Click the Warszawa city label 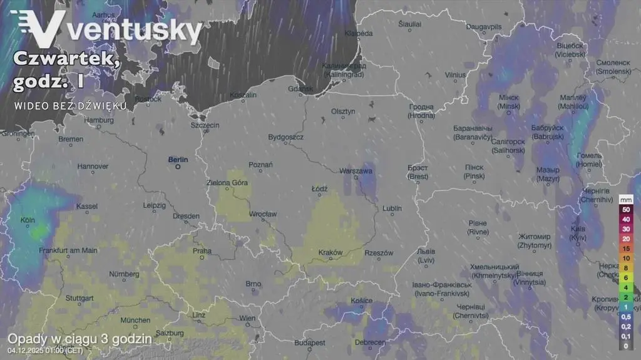point(356,170)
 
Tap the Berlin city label point(178,160)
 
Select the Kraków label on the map point(331,253)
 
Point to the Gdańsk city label point(300,89)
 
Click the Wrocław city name point(263,214)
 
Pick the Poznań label point(260,165)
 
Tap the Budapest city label point(310,342)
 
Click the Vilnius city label point(455,75)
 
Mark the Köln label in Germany point(28,220)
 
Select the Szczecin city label point(205,125)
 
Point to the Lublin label point(392,208)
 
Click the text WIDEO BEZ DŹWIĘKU point(70,105)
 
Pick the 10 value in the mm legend point(626,258)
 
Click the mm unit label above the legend point(626,199)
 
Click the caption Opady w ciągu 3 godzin point(79,339)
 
